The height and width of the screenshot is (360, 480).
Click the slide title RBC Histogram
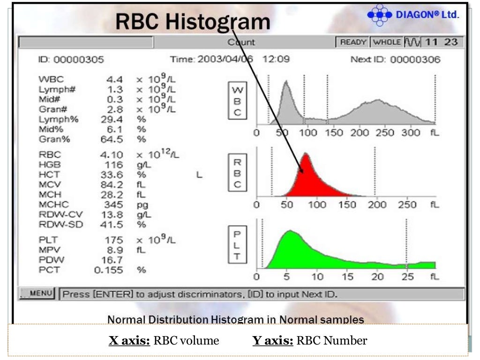193,22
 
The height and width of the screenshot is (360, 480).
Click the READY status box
352,42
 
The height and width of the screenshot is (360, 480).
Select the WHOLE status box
386,42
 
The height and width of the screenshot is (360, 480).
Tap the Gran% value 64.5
112,139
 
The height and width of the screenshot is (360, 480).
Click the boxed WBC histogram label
237,101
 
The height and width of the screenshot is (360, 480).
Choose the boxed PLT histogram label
237,245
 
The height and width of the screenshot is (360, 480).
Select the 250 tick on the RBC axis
407,205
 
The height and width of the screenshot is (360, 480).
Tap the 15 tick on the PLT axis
347,277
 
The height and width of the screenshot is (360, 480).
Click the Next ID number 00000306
415,60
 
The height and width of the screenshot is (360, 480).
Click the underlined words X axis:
129,341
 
